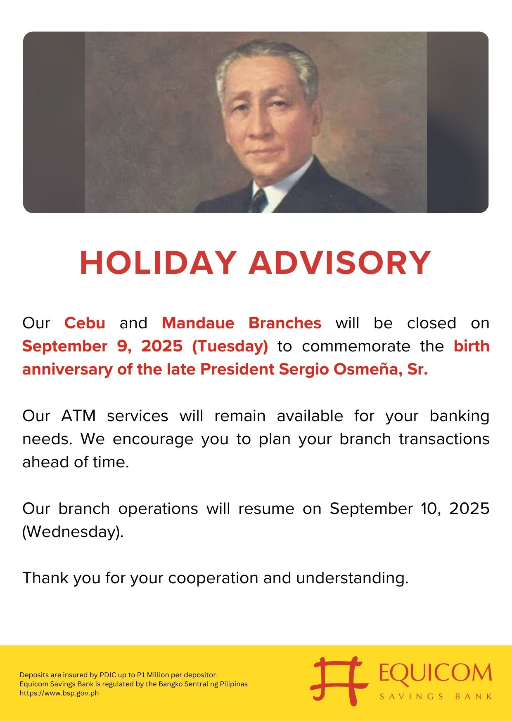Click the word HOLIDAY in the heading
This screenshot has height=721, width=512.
(158, 263)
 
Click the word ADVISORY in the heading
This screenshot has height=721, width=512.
(340, 263)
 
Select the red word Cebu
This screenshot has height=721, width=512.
(85, 323)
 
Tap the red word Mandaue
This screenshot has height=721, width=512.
(198, 323)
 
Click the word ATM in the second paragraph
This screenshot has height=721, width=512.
(78, 416)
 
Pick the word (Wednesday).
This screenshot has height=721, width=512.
(73, 532)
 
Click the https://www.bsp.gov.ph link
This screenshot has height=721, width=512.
(59, 693)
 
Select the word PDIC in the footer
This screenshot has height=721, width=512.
(107, 675)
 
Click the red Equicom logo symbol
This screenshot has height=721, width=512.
(339, 681)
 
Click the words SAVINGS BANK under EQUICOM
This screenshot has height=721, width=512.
(436, 697)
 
